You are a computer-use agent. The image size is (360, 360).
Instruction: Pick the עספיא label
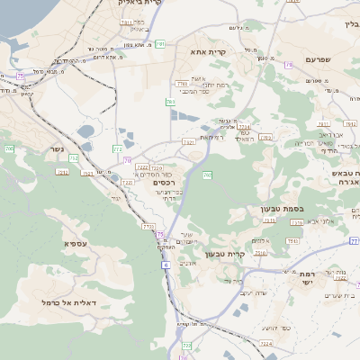point(75,244)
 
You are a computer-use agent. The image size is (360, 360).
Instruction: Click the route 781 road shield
point(160,43)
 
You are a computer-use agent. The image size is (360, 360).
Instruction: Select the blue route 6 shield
point(166,265)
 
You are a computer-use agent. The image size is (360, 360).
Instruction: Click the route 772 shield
point(118,148)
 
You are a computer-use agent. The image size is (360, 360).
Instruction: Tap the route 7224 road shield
point(265,343)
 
